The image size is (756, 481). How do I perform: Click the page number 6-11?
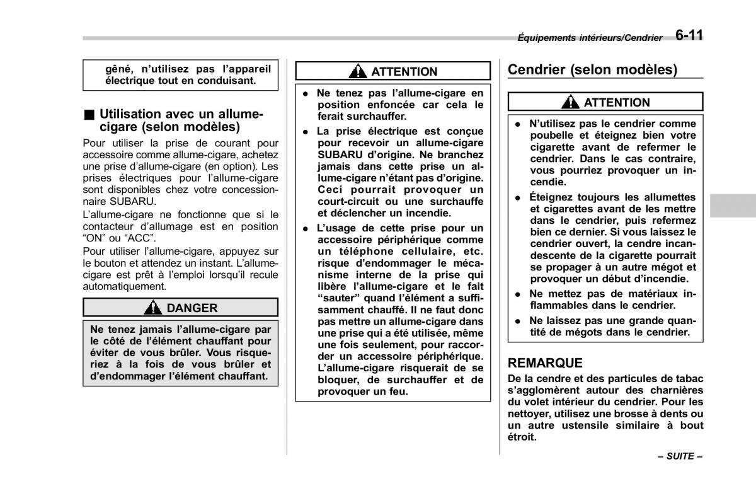pos(689,35)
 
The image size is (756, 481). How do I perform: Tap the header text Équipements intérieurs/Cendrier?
pos(590,38)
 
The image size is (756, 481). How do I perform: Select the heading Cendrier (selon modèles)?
pos(592,70)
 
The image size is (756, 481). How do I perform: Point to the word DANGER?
pos(192,308)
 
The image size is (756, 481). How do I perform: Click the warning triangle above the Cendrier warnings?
pos(571,102)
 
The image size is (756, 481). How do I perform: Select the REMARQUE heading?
pos(545,363)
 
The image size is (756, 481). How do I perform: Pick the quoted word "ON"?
pos(93,238)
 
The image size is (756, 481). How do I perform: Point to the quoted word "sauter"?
pos(338,298)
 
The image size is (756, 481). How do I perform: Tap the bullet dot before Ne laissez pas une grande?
pos(517,321)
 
